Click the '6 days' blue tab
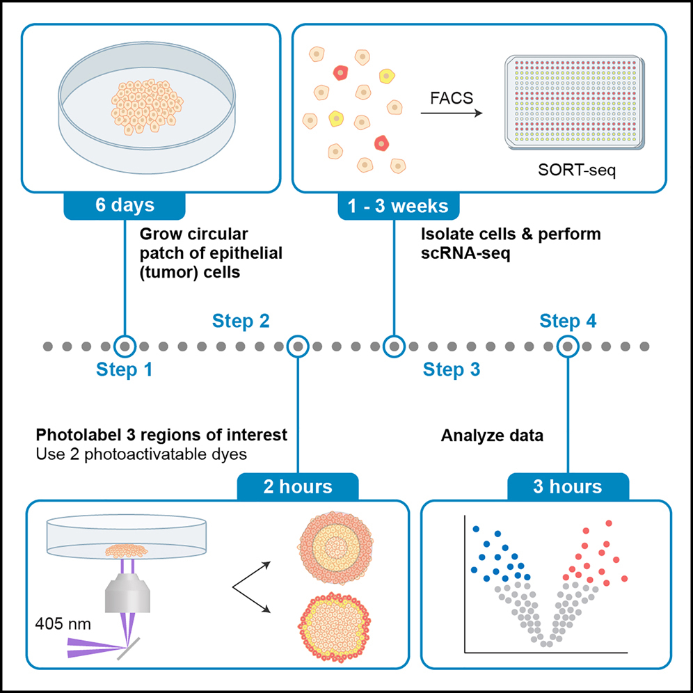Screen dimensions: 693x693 tap(125, 206)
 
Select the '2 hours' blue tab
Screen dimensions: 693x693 tap(298, 486)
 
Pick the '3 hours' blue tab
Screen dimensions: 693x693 tap(568, 486)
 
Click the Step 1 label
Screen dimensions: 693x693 tap(125, 369)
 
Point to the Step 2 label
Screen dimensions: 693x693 tap(241, 321)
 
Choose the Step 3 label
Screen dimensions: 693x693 tap(452, 369)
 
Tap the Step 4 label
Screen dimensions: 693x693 tap(568, 321)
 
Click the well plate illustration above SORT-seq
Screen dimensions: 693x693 tap(574, 103)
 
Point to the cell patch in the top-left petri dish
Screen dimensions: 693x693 tap(146, 106)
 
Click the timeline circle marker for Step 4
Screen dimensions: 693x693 tap(568, 345)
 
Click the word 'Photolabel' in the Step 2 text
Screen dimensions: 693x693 tap(72, 436)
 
